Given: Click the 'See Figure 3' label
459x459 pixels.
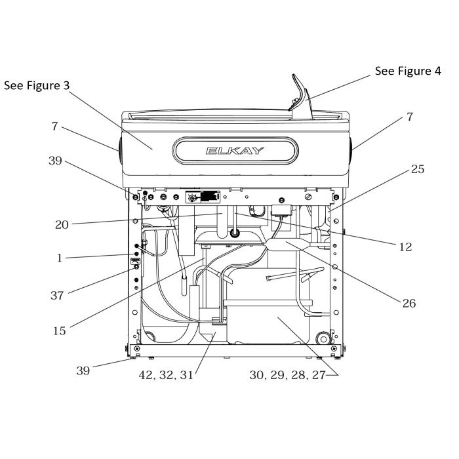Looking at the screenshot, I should point(37,86).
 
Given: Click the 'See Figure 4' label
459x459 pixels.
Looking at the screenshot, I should point(407,71).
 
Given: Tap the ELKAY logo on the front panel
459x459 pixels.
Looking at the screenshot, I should point(235,151).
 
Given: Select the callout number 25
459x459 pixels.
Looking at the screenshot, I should point(418,169).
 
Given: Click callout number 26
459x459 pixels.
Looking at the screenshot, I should point(410,303).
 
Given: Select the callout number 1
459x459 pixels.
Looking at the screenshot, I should point(60,258).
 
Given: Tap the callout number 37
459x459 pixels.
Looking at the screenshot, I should point(57,295).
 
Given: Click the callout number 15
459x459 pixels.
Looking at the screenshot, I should point(59,330).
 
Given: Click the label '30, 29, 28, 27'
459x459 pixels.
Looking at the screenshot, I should point(288,375).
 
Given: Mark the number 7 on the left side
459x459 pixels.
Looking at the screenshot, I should point(55,125).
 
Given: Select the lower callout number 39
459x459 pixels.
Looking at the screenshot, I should point(83,371).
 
